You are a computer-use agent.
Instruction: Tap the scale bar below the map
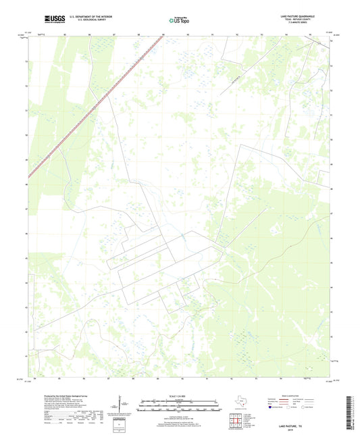[x=180, y=407]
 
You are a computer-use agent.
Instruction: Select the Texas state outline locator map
[x=240, y=401]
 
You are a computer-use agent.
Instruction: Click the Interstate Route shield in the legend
[x=274, y=407]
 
